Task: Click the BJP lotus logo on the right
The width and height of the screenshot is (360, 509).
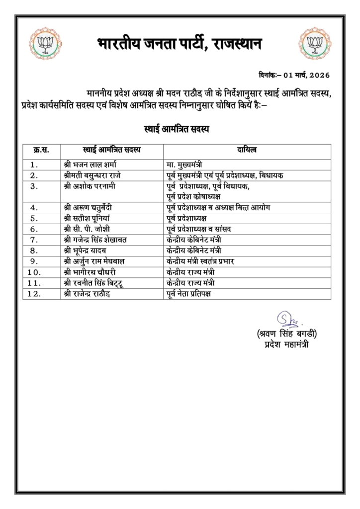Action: [x=315, y=42]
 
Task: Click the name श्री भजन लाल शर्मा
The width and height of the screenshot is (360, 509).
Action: [x=93, y=164]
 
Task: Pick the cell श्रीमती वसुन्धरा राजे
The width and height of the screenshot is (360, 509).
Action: [x=99, y=175]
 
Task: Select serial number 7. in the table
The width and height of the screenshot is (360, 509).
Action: [x=34, y=240]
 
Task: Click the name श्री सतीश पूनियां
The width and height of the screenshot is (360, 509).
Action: [x=91, y=218]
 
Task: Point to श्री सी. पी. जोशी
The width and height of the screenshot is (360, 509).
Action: [x=90, y=229]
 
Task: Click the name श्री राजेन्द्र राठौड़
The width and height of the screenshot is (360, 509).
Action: [x=93, y=294]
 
